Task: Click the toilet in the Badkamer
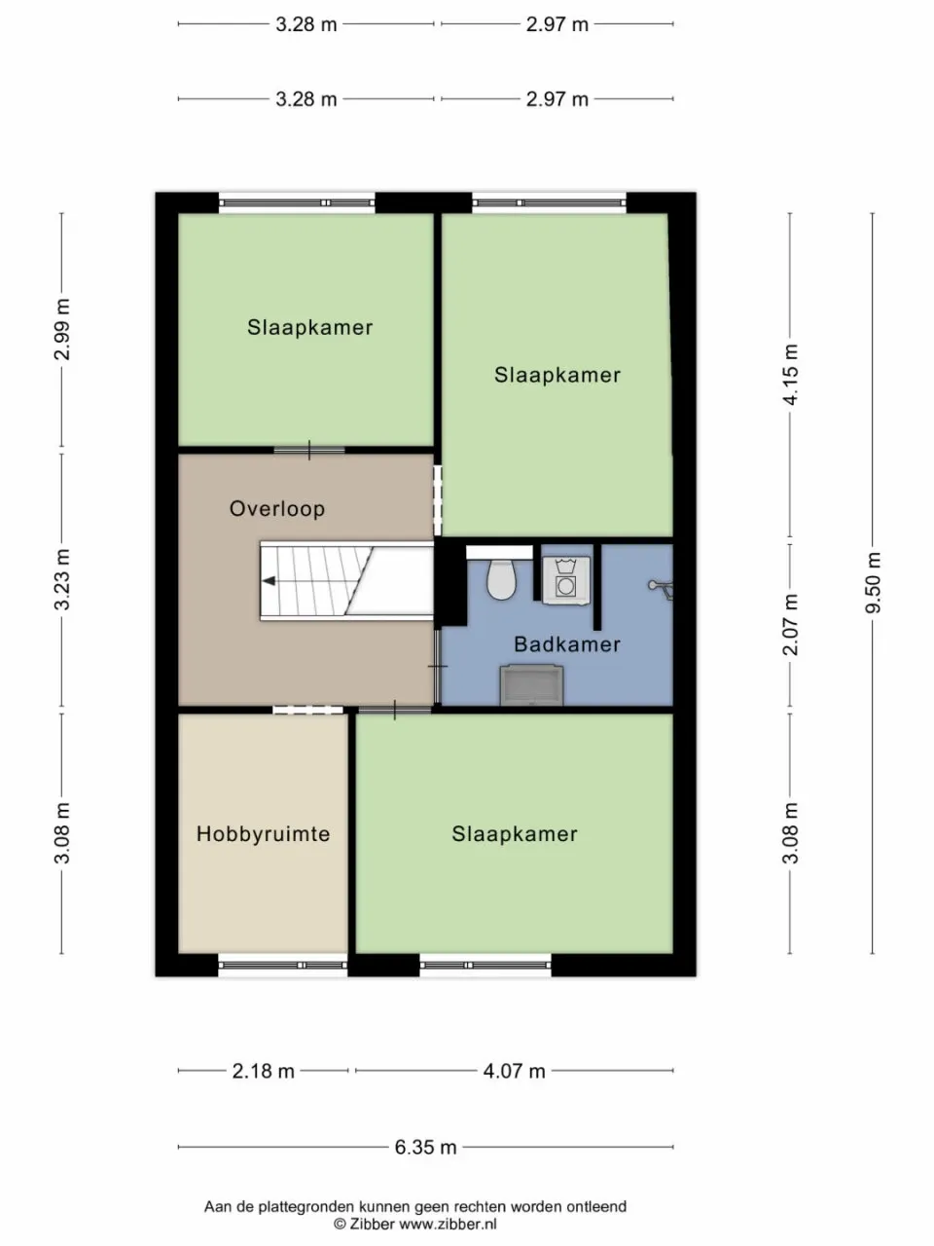click(501, 579)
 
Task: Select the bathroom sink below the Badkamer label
click(531, 684)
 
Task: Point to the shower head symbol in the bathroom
click(661, 587)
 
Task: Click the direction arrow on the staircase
click(268, 581)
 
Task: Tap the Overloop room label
click(276, 508)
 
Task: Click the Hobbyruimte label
click(263, 834)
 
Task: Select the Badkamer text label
click(566, 644)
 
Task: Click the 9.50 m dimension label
click(873, 582)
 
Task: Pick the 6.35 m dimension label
click(425, 1147)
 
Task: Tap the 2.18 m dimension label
click(263, 1071)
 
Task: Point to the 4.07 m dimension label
click(514, 1071)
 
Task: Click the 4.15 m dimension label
click(790, 375)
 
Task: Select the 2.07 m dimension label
click(790, 624)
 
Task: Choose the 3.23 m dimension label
click(62, 579)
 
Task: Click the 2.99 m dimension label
click(62, 330)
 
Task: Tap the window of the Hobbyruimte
click(282, 966)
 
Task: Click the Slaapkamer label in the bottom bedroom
click(514, 834)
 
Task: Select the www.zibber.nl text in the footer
click(448, 1224)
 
